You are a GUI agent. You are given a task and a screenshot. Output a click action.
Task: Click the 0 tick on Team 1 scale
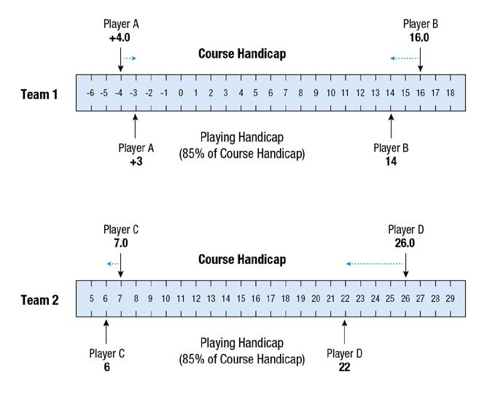[180, 93]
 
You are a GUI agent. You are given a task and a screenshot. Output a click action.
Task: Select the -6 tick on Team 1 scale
[90, 93]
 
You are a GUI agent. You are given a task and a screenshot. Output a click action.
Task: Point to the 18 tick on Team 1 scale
[450, 93]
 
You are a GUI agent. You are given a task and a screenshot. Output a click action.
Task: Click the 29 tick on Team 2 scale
[450, 298]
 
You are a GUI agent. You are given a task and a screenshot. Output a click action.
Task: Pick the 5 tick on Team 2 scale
[91, 298]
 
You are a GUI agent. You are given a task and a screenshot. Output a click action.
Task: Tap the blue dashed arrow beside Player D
[375, 263]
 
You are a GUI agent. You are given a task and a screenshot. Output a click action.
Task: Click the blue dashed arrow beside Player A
[130, 58]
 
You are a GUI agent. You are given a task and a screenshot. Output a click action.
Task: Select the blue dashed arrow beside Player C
[113, 263]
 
